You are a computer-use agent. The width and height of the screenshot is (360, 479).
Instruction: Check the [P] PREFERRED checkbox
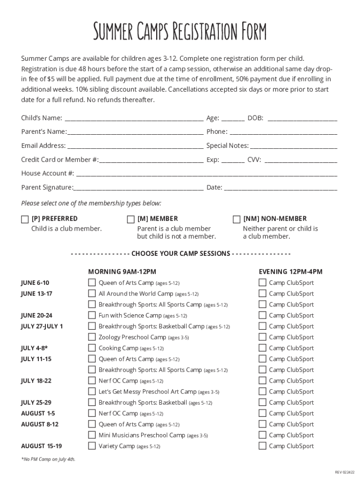[x=25, y=219]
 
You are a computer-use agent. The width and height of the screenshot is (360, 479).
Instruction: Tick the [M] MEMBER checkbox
[x=131, y=219]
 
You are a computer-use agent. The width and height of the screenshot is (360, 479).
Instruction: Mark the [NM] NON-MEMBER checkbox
[x=237, y=219]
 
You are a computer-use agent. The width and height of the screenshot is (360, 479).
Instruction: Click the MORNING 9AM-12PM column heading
[x=122, y=272]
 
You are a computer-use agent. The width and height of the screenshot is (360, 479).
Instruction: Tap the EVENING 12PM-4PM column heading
[x=290, y=272]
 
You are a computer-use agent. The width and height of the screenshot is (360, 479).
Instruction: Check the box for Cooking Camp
[x=92, y=348]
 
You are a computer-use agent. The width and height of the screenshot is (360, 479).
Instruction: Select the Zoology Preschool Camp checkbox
[x=92, y=337]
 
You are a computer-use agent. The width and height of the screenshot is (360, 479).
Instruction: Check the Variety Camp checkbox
[x=92, y=446]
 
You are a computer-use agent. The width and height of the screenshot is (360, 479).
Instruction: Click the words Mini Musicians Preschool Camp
[x=142, y=435]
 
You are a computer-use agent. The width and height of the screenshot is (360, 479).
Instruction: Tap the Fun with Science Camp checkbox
[x=92, y=315]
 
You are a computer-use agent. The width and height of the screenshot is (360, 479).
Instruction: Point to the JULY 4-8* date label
[x=34, y=348]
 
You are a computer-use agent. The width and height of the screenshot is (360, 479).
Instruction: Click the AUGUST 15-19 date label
[x=41, y=446]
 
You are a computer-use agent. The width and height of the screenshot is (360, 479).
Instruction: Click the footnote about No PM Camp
[x=48, y=459]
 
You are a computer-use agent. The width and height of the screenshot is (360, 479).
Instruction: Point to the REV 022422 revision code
[x=345, y=472]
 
